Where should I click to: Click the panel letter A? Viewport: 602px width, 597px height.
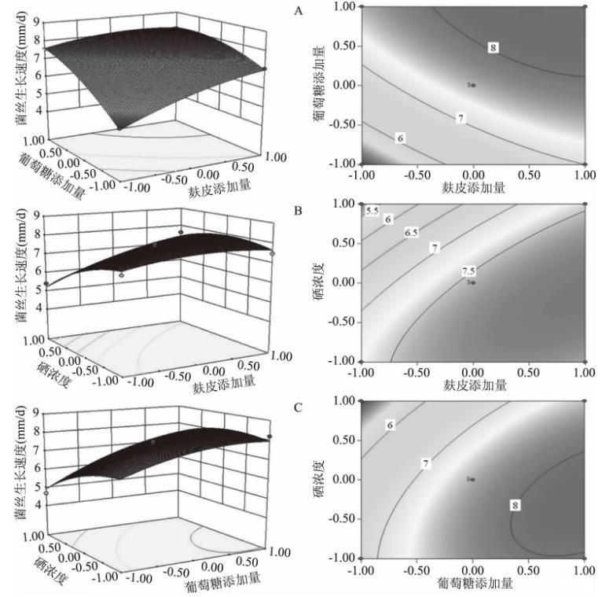tap(297, 10)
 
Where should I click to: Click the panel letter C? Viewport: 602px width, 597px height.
tap(297, 407)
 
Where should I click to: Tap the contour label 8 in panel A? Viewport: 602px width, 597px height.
tap(493, 48)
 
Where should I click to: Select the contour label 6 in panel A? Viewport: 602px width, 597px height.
tap(401, 138)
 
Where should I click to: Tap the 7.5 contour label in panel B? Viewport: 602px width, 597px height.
tap(469, 271)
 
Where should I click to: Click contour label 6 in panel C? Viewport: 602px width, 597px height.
tap(389, 425)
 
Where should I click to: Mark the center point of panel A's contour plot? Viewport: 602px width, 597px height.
tap(472, 85)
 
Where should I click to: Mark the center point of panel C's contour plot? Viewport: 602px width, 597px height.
tap(472, 479)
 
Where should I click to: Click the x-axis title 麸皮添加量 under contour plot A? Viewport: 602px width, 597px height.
tap(472, 188)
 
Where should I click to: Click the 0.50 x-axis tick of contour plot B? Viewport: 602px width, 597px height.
tap(528, 370)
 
